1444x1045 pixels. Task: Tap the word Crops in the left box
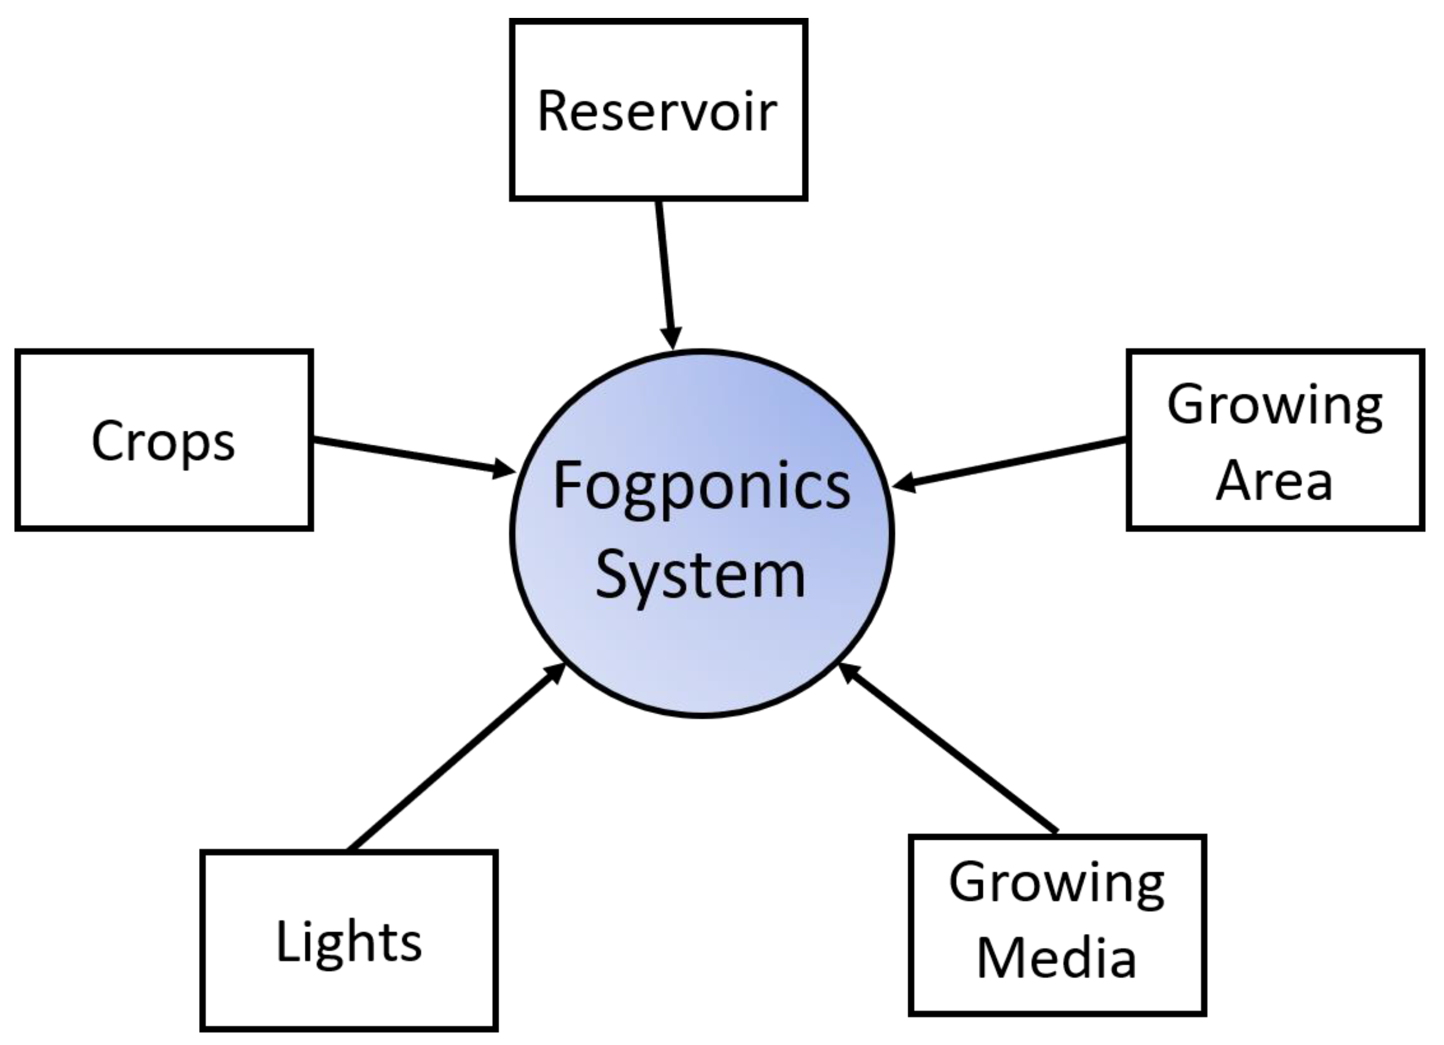point(163,441)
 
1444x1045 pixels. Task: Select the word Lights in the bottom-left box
point(349,942)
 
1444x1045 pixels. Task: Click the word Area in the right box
point(1274,481)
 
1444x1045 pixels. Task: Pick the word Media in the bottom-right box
point(1056,958)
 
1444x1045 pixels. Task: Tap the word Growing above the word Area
point(1274,406)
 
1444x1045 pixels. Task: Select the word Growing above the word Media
point(1057,885)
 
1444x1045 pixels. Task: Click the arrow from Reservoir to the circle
point(665,267)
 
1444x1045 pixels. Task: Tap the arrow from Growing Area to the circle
point(1012,463)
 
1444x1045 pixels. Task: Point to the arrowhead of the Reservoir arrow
point(672,337)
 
